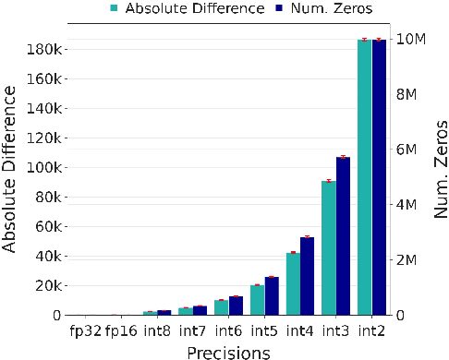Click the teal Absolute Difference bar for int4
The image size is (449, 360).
coord(293,283)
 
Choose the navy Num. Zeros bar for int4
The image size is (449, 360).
coord(307,276)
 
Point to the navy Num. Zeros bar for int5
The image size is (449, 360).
coord(272,295)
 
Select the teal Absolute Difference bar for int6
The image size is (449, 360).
coord(221,307)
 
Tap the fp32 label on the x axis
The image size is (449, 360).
coord(85,330)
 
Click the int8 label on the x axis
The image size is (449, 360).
coord(156,330)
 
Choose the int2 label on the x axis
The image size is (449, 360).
coord(371,330)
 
